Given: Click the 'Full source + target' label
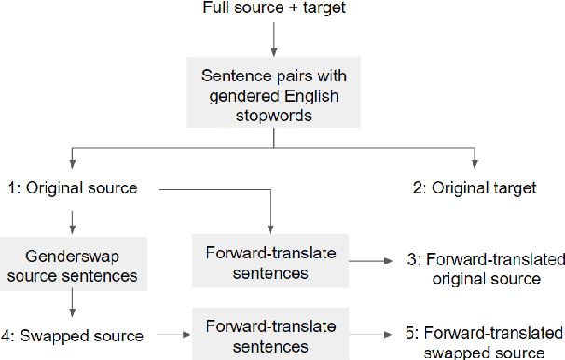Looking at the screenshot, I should click(x=272, y=8).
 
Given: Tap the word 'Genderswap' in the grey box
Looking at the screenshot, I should click(x=72, y=253).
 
